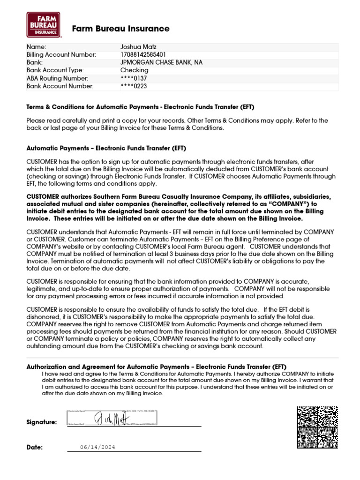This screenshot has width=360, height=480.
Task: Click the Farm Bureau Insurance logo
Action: tap(44, 24)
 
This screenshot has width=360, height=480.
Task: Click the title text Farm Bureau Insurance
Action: tap(120, 29)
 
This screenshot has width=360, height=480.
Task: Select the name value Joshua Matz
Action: tap(138, 47)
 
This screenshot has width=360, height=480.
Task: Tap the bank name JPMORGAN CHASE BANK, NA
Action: tap(162, 62)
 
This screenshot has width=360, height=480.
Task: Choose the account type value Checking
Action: tap(134, 70)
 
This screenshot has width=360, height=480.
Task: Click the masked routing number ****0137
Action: tap(134, 78)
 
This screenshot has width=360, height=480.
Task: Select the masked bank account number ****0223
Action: tap(134, 86)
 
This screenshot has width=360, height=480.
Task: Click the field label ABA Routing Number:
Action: tap(57, 78)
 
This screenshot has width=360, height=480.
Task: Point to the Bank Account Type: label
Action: tap(55, 70)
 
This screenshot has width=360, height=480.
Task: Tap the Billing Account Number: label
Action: tap(61, 55)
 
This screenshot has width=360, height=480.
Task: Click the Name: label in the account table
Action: tap(37, 47)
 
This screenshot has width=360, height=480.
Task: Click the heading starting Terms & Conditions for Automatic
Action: tap(140, 107)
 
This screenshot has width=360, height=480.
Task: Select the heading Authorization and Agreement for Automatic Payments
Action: tap(156, 366)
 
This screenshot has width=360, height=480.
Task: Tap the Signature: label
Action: tap(42, 422)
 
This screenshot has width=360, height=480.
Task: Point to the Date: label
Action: tap(35, 447)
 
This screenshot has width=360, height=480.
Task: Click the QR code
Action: tap(317, 427)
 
